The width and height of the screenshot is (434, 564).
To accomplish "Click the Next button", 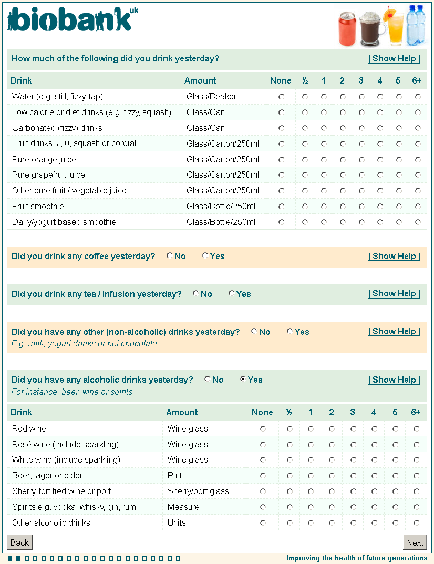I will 415,542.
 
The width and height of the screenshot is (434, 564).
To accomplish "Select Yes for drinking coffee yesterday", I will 205,256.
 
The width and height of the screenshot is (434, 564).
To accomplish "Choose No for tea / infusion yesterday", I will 195,294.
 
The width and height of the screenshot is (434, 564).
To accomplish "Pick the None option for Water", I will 282,97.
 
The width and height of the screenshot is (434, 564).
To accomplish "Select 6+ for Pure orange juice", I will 418,159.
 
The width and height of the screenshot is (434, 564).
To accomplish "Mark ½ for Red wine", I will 290,429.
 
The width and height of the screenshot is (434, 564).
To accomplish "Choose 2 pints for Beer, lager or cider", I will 332,476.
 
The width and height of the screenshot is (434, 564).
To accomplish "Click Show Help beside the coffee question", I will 394,257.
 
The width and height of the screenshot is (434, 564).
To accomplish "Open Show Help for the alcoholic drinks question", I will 394,380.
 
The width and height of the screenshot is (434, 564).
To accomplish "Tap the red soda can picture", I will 347,29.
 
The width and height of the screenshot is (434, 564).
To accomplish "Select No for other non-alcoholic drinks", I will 254,332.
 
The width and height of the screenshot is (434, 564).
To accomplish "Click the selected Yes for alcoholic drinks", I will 243,380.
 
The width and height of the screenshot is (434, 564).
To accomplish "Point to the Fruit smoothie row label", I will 38,207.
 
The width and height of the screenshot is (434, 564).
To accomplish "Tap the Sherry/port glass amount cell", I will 198,491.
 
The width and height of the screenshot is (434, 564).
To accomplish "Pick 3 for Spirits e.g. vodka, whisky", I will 353,507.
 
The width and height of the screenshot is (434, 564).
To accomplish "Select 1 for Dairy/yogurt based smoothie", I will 324,222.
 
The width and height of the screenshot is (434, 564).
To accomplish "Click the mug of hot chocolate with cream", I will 371,30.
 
